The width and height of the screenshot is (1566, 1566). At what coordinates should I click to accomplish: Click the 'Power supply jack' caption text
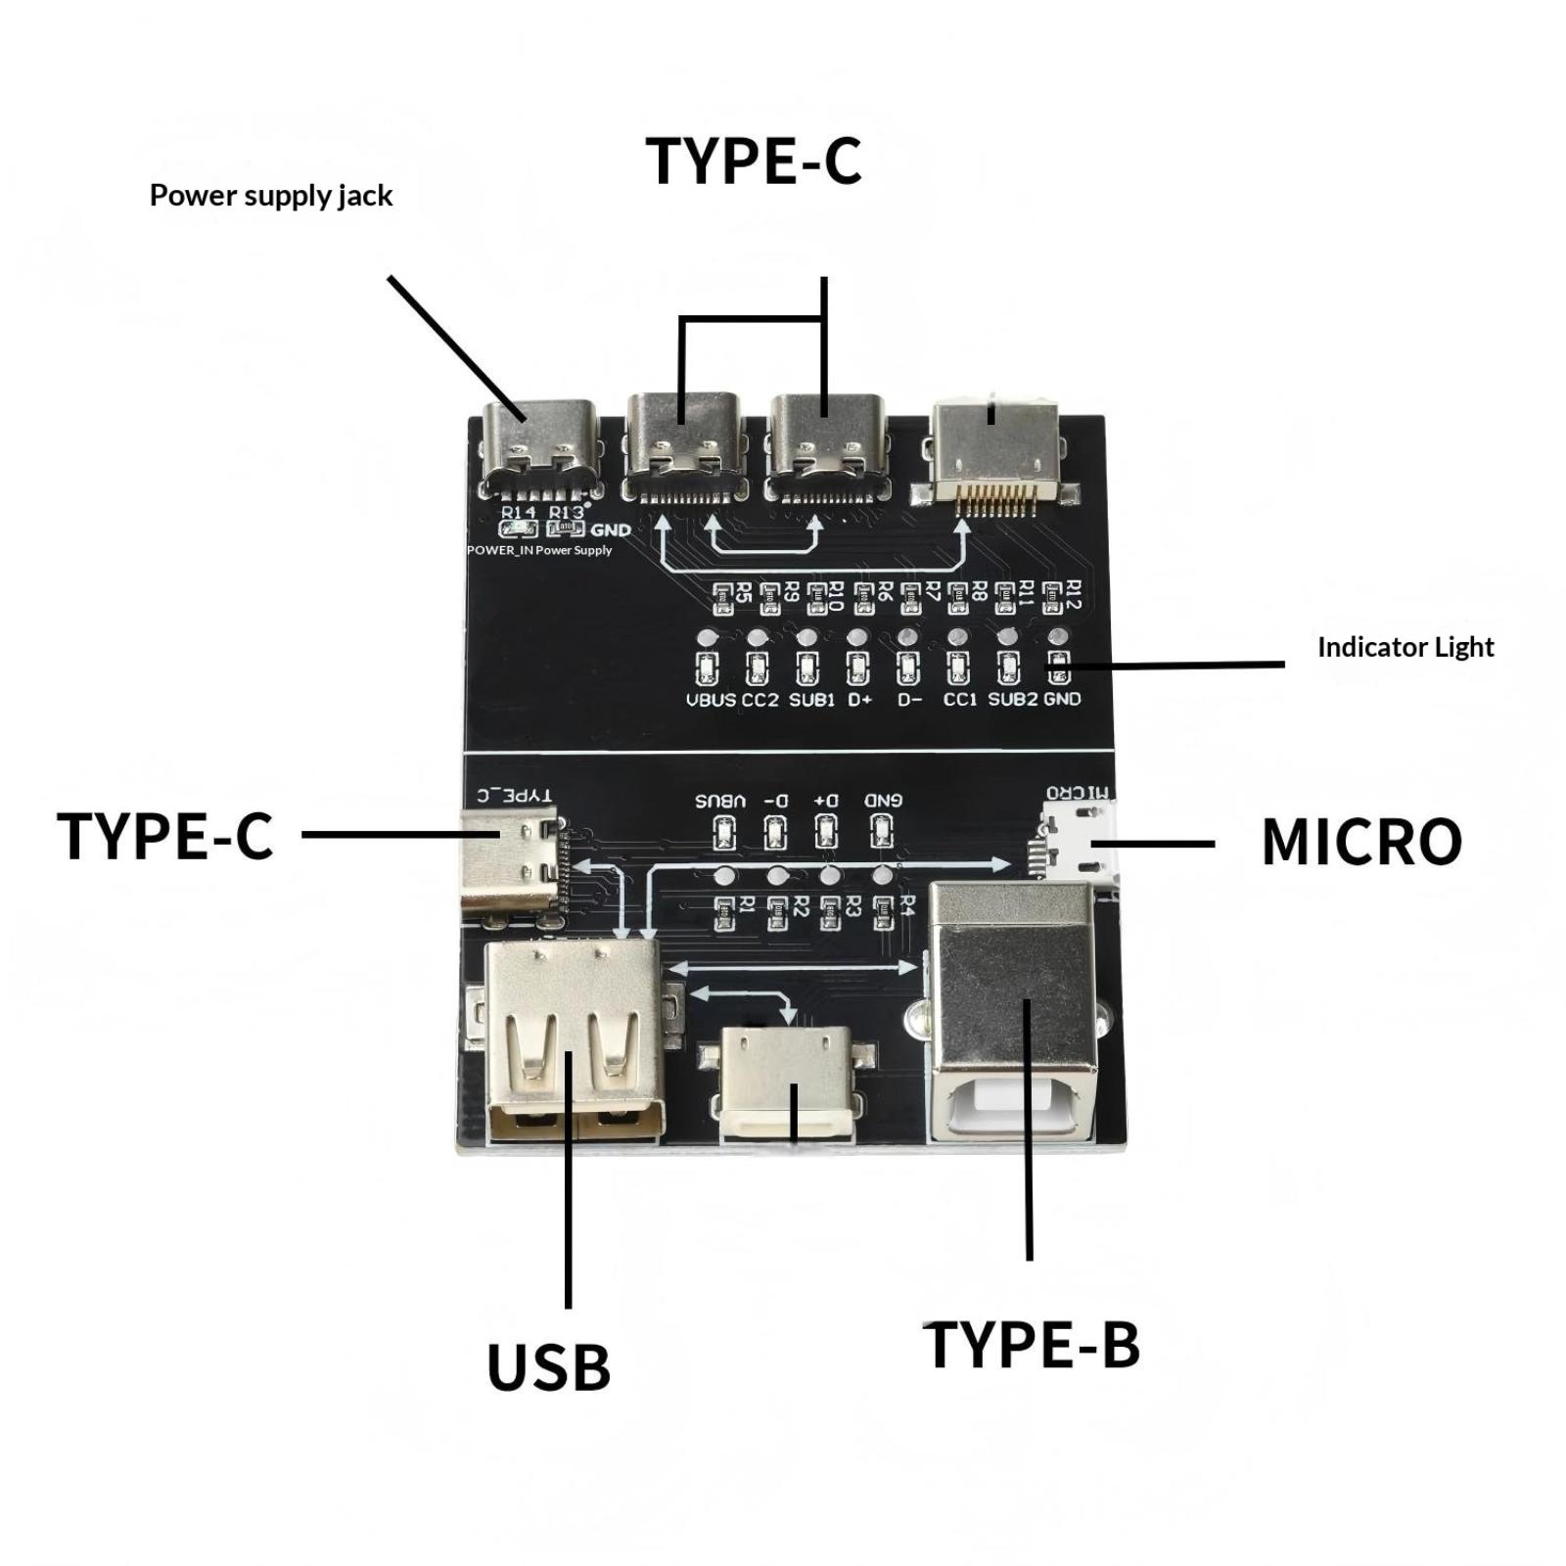(270, 196)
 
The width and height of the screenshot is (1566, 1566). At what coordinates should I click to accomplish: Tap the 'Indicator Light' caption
(1405, 647)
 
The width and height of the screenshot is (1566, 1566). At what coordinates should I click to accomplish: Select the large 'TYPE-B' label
(1032, 1345)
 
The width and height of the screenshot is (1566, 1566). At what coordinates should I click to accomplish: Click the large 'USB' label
(548, 1367)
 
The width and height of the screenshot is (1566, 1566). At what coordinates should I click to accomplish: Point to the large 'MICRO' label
(1361, 842)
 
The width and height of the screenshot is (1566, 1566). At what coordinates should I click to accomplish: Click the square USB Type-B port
(1012, 1013)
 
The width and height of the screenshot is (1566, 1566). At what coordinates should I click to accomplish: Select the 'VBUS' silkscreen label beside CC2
(711, 700)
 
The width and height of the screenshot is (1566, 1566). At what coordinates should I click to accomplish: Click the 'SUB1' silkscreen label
(811, 700)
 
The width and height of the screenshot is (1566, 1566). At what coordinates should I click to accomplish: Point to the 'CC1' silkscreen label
(960, 700)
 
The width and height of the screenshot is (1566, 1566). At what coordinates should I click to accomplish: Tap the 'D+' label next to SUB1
(859, 700)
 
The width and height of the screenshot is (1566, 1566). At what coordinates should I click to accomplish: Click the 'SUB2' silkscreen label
(1012, 700)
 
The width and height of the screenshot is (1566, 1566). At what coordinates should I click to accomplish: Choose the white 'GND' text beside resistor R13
(611, 530)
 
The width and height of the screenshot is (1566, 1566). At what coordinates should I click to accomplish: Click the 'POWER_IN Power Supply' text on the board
(539, 550)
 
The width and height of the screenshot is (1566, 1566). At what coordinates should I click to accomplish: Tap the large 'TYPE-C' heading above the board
(753, 161)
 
